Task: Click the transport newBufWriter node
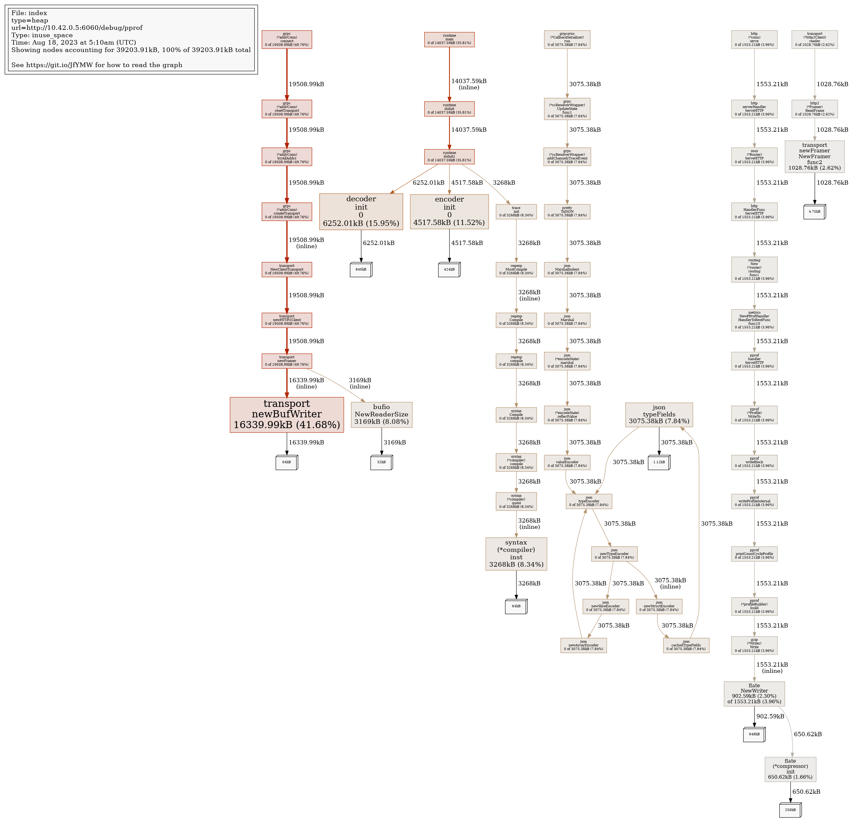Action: pyautogui.click(x=287, y=415)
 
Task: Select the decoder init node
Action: pyautogui.click(x=361, y=211)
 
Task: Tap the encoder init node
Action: pyautogui.click(x=449, y=211)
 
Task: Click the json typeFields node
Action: pyautogui.click(x=659, y=415)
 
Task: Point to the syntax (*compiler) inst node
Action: pyautogui.click(x=516, y=554)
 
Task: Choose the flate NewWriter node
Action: pyautogui.click(x=754, y=694)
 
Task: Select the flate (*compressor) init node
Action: pyautogui.click(x=790, y=769)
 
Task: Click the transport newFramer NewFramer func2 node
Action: pyautogui.click(x=814, y=157)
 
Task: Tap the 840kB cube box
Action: pyautogui.click(x=361, y=270)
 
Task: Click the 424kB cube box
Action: pyautogui.click(x=449, y=270)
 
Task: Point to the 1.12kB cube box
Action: pyautogui.click(x=659, y=463)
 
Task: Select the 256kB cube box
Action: pyautogui.click(x=790, y=810)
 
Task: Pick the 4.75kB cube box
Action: pyautogui.click(x=814, y=212)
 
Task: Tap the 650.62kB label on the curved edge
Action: pyautogui.click(x=808, y=734)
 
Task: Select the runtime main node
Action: pyautogui.click(x=449, y=39)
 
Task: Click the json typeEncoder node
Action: pyautogui.click(x=589, y=501)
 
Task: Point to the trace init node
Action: pyautogui.click(x=516, y=211)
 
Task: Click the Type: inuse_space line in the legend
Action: pyautogui.click(x=42, y=35)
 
